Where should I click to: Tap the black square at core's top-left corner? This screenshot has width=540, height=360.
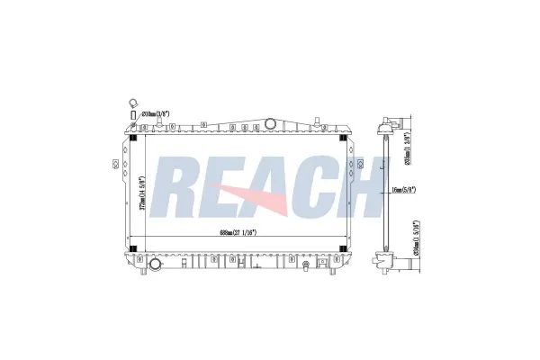click(x=135, y=138)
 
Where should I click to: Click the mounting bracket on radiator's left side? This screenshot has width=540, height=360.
click(x=115, y=163)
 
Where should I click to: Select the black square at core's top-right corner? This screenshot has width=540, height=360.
click(x=342, y=138)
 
